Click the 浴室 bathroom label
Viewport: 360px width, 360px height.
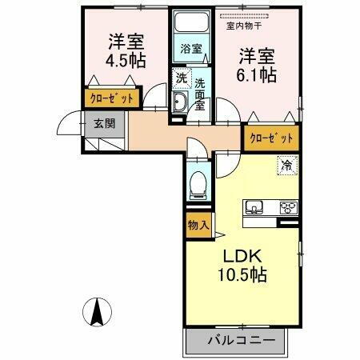point(190,49)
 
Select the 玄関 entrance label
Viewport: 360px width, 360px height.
point(104,123)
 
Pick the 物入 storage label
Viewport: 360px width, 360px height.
point(198,225)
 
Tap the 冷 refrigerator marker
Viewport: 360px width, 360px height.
point(286,166)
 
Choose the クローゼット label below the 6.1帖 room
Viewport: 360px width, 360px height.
point(270,138)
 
